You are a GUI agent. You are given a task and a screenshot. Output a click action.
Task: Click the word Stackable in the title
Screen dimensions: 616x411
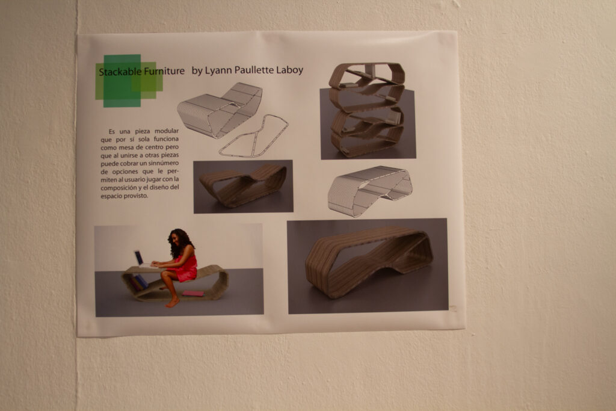click(x=120, y=72)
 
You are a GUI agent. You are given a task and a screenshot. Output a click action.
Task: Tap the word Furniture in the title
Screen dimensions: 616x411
click(x=164, y=71)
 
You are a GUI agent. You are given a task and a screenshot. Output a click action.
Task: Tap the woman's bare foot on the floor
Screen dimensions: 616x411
click(x=173, y=302)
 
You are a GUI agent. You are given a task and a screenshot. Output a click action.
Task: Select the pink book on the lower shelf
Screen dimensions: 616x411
click(x=192, y=293)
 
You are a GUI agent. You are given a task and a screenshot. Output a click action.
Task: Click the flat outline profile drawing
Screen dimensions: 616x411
click(x=254, y=137)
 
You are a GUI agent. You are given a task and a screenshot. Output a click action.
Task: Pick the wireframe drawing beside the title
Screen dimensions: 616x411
click(x=220, y=110)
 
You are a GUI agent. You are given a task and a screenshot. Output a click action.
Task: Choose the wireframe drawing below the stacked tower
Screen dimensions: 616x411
click(x=370, y=191)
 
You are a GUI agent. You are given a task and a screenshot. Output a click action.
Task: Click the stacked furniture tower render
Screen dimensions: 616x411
click(x=367, y=110)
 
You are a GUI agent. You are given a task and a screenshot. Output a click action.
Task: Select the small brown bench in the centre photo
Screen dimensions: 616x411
click(x=243, y=185)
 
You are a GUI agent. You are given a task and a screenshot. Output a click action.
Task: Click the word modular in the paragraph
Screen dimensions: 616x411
click(x=166, y=131)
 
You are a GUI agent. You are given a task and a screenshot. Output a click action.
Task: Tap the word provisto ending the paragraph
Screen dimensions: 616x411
click(x=137, y=196)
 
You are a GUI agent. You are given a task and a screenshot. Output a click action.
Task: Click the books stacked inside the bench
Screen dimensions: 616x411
click(x=138, y=282)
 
